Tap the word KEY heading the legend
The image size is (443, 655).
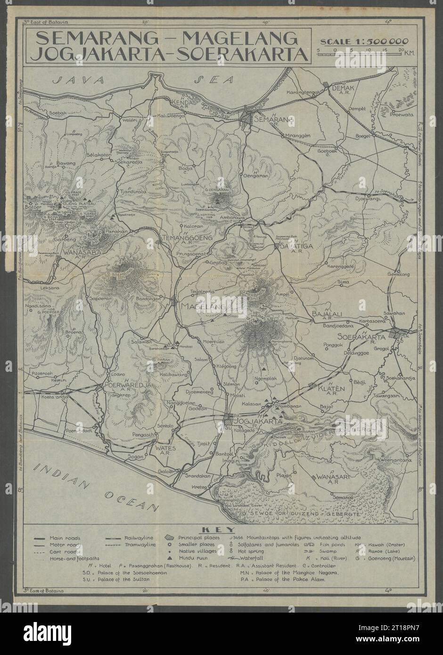click(x=221, y=530)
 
